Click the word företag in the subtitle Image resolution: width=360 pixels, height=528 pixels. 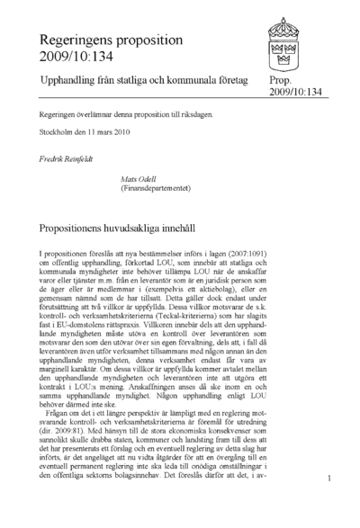pos(227,82)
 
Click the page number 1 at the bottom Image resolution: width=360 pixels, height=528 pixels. pos(331,505)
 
